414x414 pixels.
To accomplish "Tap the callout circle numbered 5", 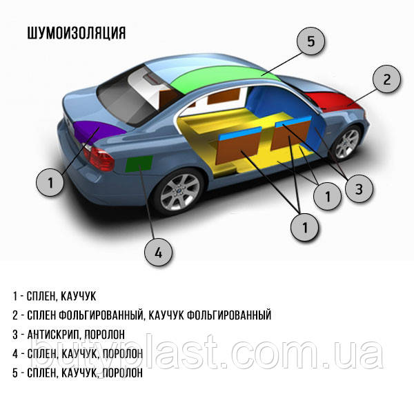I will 310,41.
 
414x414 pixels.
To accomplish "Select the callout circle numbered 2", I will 387,79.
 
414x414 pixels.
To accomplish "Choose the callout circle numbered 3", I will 358,188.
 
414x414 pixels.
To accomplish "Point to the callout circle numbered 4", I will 158,253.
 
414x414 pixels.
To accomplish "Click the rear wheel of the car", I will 179,193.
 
